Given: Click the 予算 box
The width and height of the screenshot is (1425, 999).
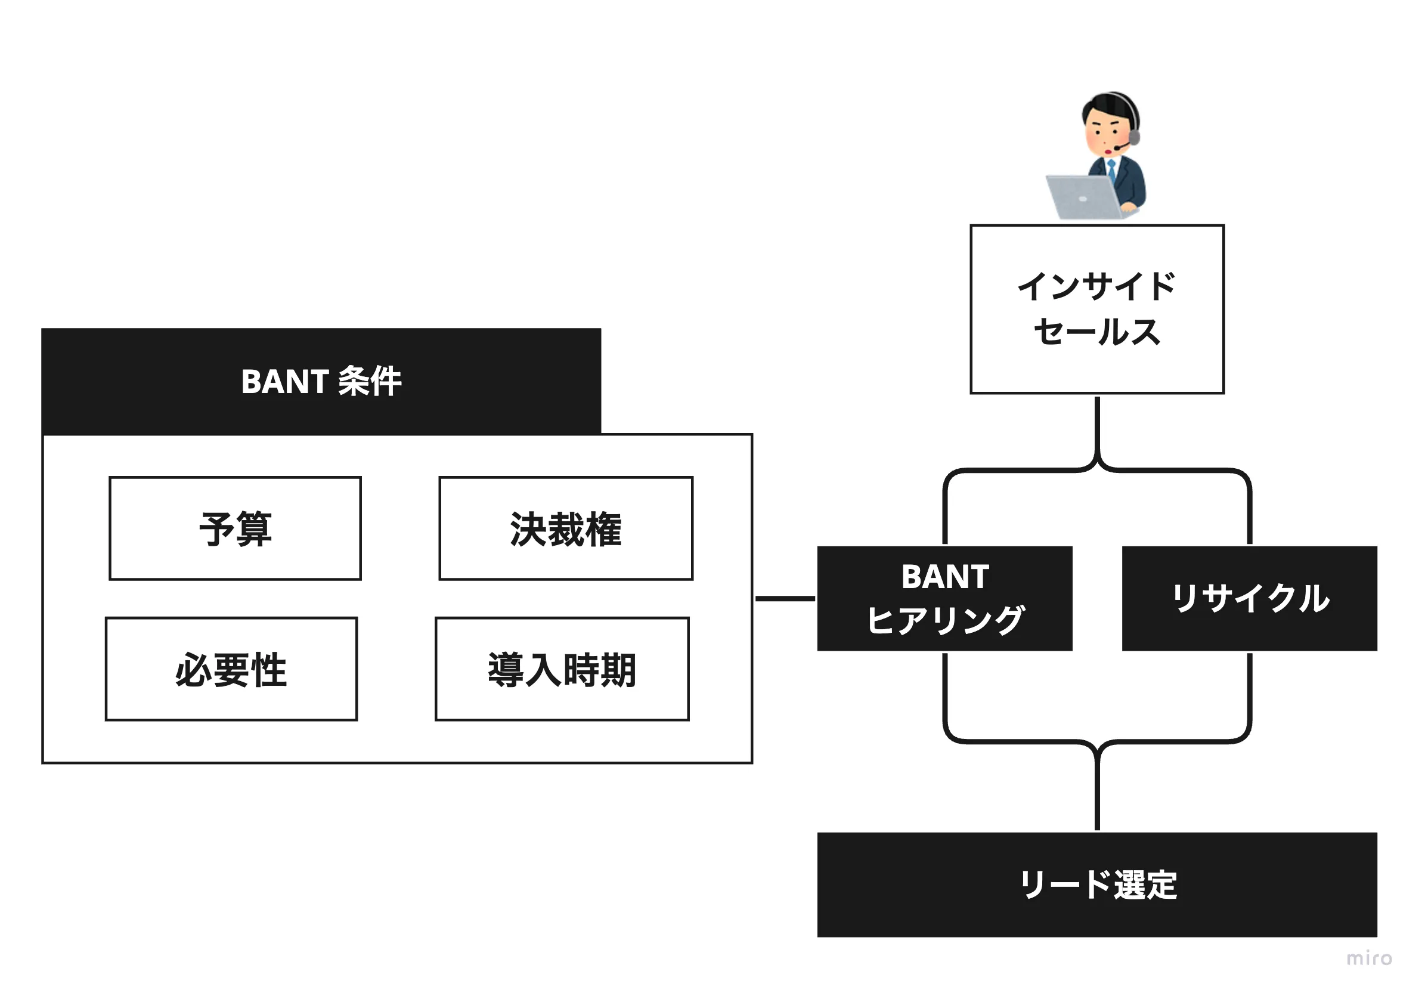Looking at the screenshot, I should [x=236, y=528].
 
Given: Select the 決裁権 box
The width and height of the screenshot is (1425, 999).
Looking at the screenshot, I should [x=565, y=528].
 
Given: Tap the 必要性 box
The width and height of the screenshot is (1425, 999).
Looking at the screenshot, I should [x=231, y=669].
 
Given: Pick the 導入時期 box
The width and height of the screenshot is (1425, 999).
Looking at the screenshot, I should [x=562, y=669].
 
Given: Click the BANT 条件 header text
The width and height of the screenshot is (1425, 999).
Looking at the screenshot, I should [x=321, y=381].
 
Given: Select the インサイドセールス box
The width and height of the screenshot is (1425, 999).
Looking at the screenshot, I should [x=1096, y=309].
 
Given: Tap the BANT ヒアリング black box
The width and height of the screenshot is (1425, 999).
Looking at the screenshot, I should [x=944, y=599].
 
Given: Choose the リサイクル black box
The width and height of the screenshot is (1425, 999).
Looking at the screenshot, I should [x=1249, y=599].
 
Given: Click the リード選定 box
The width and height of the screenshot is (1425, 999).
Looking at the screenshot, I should [x=1096, y=884].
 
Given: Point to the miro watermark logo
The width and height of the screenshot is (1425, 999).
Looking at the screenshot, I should [x=1369, y=958].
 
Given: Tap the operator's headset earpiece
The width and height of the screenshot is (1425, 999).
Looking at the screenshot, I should [x=1133, y=136].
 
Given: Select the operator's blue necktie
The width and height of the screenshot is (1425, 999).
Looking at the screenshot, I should [x=1111, y=169].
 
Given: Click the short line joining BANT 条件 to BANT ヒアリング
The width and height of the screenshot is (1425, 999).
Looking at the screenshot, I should [x=785, y=599].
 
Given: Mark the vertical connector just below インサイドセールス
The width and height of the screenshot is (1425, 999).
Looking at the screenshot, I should [x=1097, y=428].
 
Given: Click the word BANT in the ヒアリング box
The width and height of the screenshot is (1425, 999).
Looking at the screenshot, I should [x=944, y=577].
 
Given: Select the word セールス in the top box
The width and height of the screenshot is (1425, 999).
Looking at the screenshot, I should [x=1096, y=332].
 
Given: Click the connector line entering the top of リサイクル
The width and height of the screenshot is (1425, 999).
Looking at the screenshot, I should [x=1249, y=515].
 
